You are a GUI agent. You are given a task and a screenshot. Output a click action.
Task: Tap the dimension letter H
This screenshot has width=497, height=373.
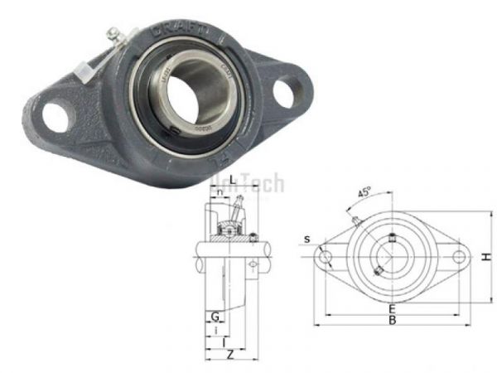click(489, 258)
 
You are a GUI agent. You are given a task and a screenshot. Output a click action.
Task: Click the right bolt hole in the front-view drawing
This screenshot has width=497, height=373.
click(456, 258)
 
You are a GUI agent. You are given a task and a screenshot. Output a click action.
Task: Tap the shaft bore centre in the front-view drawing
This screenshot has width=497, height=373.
click(391, 258)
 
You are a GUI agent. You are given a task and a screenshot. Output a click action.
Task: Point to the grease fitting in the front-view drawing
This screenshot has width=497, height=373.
click(356, 220)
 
